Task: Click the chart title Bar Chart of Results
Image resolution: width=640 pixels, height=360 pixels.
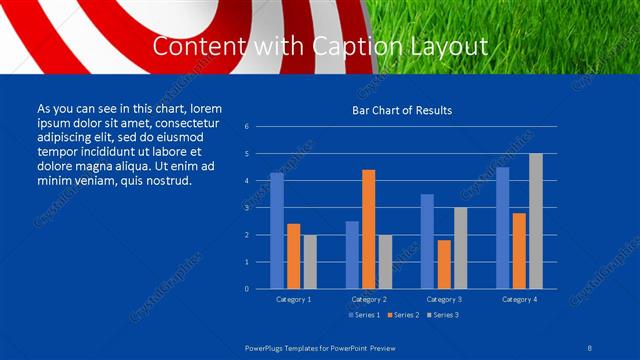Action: coord(401,110)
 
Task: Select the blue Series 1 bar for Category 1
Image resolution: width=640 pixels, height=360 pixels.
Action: coord(277,231)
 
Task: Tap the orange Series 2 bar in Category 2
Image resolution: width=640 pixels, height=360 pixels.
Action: coord(369,229)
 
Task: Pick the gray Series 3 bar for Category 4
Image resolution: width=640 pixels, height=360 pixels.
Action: coord(536,221)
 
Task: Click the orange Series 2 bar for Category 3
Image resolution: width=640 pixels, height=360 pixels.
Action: coord(444,264)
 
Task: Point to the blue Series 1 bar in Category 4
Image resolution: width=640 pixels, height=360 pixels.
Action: coord(503,228)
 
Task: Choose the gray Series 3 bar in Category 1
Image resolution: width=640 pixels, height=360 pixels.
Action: coord(310,262)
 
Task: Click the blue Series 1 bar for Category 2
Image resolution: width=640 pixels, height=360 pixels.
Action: coord(352,255)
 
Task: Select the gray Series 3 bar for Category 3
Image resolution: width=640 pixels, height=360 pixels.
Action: coord(461,248)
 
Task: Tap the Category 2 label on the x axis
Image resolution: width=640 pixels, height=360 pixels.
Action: coord(369,299)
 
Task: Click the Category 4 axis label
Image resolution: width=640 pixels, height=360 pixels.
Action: coord(519,299)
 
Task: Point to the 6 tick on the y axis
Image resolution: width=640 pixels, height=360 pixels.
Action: coord(246,127)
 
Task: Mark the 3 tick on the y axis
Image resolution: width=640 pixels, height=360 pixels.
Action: coord(246,208)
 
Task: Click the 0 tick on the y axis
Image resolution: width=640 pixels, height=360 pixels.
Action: coord(246,289)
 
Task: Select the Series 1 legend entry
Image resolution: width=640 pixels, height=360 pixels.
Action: coord(363,315)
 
